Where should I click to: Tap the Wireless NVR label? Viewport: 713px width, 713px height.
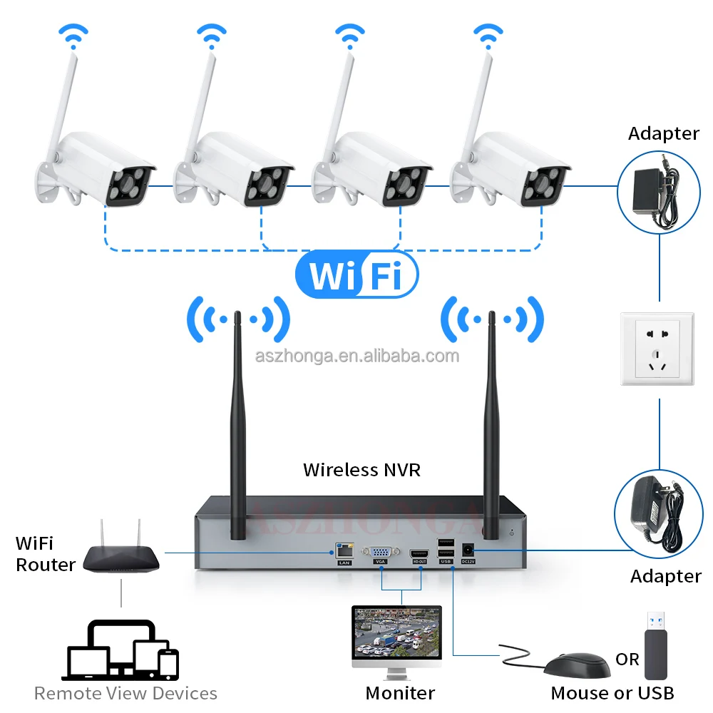361,470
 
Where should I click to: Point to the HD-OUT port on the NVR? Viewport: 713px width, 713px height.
420,552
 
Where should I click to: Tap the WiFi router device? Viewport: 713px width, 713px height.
121,556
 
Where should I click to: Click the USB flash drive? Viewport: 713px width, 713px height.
656,645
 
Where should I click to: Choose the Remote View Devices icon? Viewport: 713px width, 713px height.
122,650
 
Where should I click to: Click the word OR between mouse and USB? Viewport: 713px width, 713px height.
627,660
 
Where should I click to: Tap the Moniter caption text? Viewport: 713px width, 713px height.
400,692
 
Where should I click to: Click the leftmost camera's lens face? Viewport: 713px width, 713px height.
130,182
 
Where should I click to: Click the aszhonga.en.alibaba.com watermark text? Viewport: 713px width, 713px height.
357,356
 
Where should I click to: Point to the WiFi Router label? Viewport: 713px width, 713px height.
46,555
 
